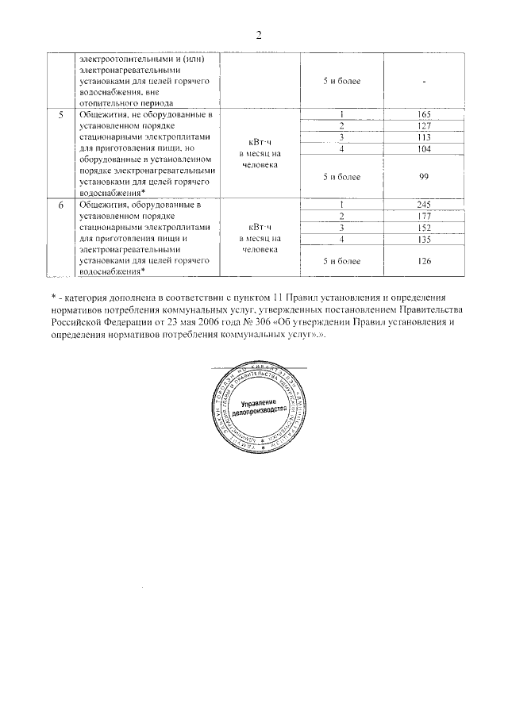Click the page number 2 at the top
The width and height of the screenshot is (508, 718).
click(x=259, y=35)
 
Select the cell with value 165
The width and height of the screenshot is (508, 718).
click(x=422, y=115)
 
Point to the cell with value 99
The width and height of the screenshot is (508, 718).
click(x=422, y=179)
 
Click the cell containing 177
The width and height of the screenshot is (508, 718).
click(x=422, y=217)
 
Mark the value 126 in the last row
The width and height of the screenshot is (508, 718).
click(x=422, y=260)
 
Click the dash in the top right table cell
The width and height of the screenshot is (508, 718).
click(x=425, y=81)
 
